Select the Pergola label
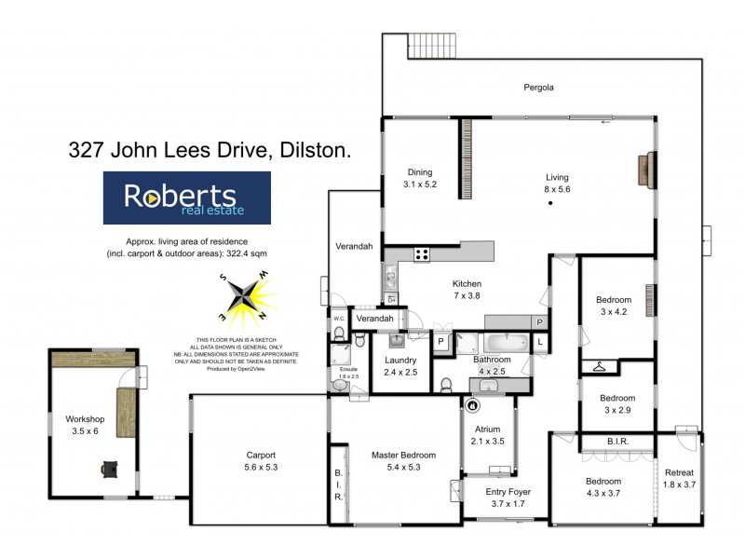point(538,89)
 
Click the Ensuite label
point(347,370)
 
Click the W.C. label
point(339,320)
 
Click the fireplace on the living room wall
point(643,170)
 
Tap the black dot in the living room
point(550,202)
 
